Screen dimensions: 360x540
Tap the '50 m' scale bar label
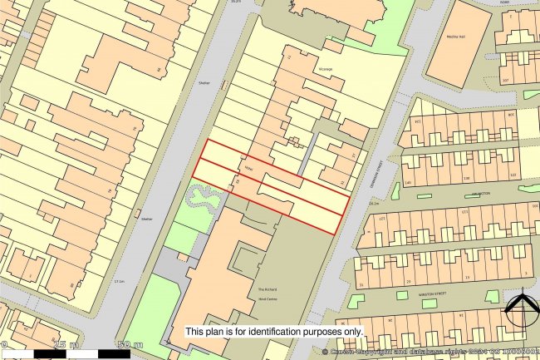pyautogui.click(x=131, y=344)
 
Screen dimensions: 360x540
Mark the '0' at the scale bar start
pyautogui.click(x=4, y=344)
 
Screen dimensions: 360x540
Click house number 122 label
pyautogui.click(x=513, y=175)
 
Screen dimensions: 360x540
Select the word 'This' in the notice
pyautogui.click(x=195, y=331)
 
